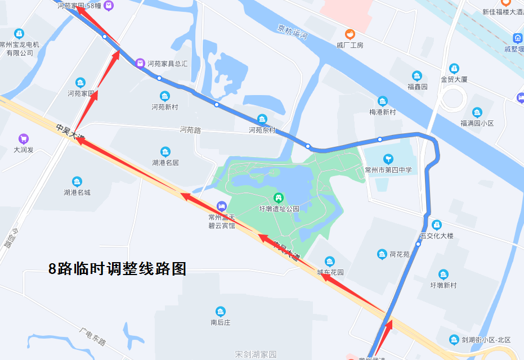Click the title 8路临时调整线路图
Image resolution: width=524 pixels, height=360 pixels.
[117, 269]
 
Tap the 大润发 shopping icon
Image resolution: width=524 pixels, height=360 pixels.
[24, 138]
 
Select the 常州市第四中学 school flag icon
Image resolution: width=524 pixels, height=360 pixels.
[388, 159]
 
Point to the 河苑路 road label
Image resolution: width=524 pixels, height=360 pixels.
[190, 130]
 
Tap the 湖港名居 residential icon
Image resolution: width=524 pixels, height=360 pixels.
[165, 152]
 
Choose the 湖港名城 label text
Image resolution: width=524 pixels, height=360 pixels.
[77, 192]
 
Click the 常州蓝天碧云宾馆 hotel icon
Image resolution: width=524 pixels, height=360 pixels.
[222, 206]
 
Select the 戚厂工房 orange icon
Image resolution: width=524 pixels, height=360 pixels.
[350, 34]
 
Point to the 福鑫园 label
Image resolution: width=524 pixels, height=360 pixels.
[417, 87]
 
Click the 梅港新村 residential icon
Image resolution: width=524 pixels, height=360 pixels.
[383, 101]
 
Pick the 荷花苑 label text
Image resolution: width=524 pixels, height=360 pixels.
[400, 254]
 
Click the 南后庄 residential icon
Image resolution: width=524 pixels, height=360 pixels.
[221, 312]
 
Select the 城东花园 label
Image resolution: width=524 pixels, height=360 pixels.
[330, 272]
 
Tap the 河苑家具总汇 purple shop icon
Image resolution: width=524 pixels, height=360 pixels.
[141, 64]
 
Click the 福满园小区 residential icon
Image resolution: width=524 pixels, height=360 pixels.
[477, 112]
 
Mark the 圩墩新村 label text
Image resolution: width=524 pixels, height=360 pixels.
[443, 285]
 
